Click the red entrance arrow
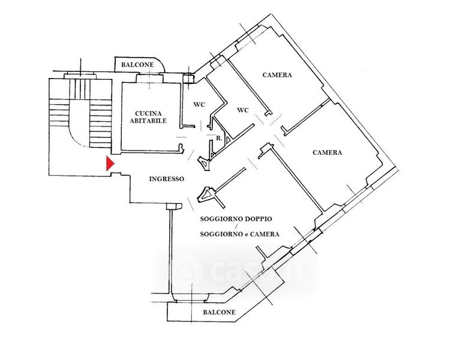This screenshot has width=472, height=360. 109,164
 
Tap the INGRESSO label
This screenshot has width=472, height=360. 167,178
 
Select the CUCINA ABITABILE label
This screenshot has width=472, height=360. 151,116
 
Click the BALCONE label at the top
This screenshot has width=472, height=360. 137,65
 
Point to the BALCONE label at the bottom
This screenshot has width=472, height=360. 219,313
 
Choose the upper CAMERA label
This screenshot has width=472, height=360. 277,75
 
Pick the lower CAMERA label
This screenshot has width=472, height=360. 327,152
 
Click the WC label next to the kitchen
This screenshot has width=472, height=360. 199,104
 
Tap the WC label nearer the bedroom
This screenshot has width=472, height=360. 243,110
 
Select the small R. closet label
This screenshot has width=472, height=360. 220,139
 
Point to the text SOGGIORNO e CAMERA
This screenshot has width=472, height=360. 240,234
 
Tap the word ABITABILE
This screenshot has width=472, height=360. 151,121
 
